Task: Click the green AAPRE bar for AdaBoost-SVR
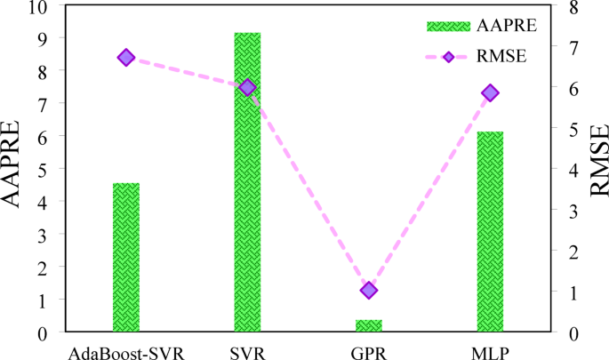tap(126, 258)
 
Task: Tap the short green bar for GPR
tap(369, 326)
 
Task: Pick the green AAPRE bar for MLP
tap(490, 232)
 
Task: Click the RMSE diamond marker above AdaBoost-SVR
tap(126, 58)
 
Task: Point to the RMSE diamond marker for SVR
tap(247, 87)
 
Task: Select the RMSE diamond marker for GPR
tap(369, 291)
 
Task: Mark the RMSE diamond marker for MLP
tap(490, 93)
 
